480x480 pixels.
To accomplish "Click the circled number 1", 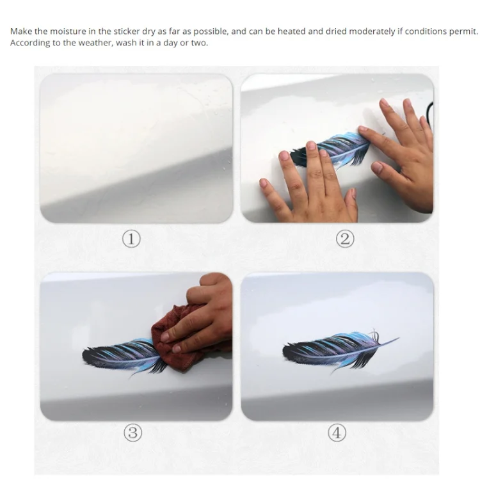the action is click(131, 239).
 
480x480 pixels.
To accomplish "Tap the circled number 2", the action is click(345, 239).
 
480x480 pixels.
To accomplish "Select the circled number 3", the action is click(133, 433).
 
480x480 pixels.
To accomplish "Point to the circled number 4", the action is click(337, 433).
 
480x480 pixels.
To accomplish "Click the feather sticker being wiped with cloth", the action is click(122, 356).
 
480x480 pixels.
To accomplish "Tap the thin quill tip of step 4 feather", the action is click(399, 339).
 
